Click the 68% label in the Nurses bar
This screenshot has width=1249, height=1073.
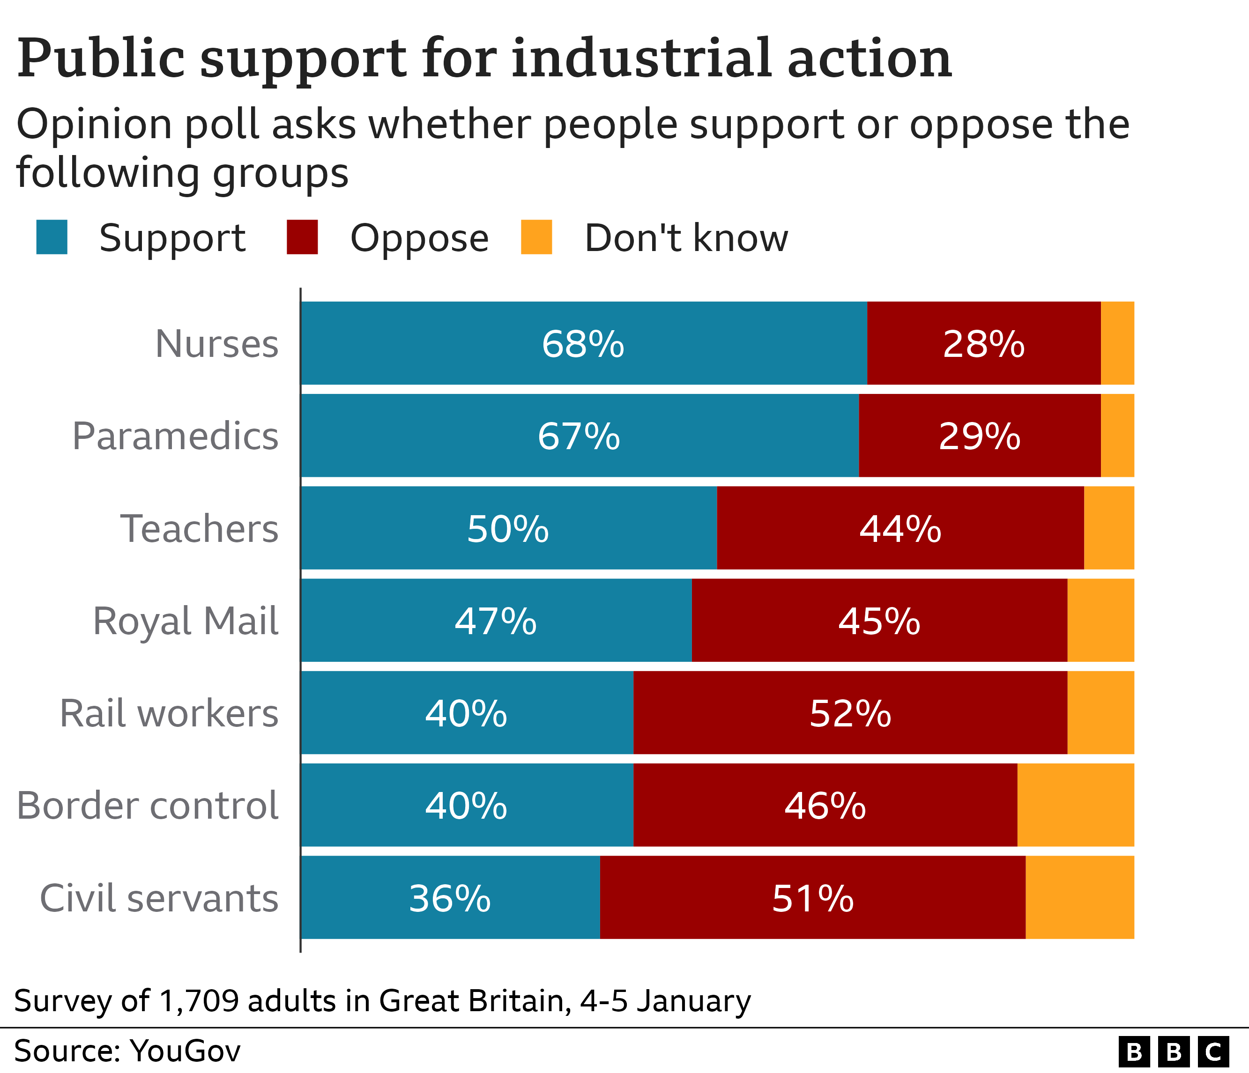pyautogui.click(x=582, y=344)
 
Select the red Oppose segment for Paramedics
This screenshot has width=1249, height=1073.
pyautogui.click(x=979, y=436)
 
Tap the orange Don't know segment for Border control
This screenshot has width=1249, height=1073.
pyautogui.click(x=1075, y=805)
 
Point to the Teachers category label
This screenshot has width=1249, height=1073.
pyautogui.click(x=200, y=528)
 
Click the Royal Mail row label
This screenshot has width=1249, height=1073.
pyautogui.click(x=186, y=621)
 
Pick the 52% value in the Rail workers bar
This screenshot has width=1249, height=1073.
pyautogui.click(x=850, y=713)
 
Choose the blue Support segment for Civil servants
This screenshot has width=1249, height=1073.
pyautogui.click(x=450, y=898)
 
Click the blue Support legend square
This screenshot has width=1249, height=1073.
pyautogui.click(x=52, y=237)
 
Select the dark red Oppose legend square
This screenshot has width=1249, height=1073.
pyautogui.click(x=302, y=237)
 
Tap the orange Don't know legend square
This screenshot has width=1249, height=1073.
pyautogui.click(x=536, y=237)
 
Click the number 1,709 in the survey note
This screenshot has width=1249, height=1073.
pyautogui.click(x=199, y=1001)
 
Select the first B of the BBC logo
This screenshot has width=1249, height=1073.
pyautogui.click(x=1134, y=1052)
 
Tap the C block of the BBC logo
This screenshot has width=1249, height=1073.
pyautogui.click(x=1213, y=1052)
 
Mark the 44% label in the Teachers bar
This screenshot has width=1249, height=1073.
pyautogui.click(x=900, y=529)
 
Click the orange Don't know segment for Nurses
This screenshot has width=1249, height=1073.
pyautogui.click(x=1117, y=343)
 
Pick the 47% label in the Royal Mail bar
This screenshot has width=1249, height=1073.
pyautogui.click(x=496, y=621)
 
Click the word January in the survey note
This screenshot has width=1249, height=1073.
pyautogui.click(x=694, y=1001)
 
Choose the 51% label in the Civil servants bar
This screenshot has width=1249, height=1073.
pyautogui.click(x=812, y=898)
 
